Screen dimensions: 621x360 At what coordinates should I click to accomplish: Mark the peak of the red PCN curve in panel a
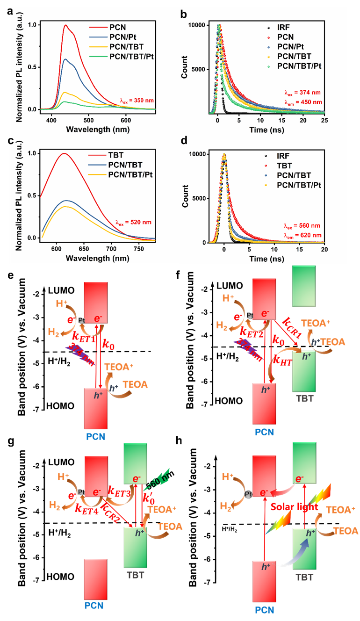[65, 25]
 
